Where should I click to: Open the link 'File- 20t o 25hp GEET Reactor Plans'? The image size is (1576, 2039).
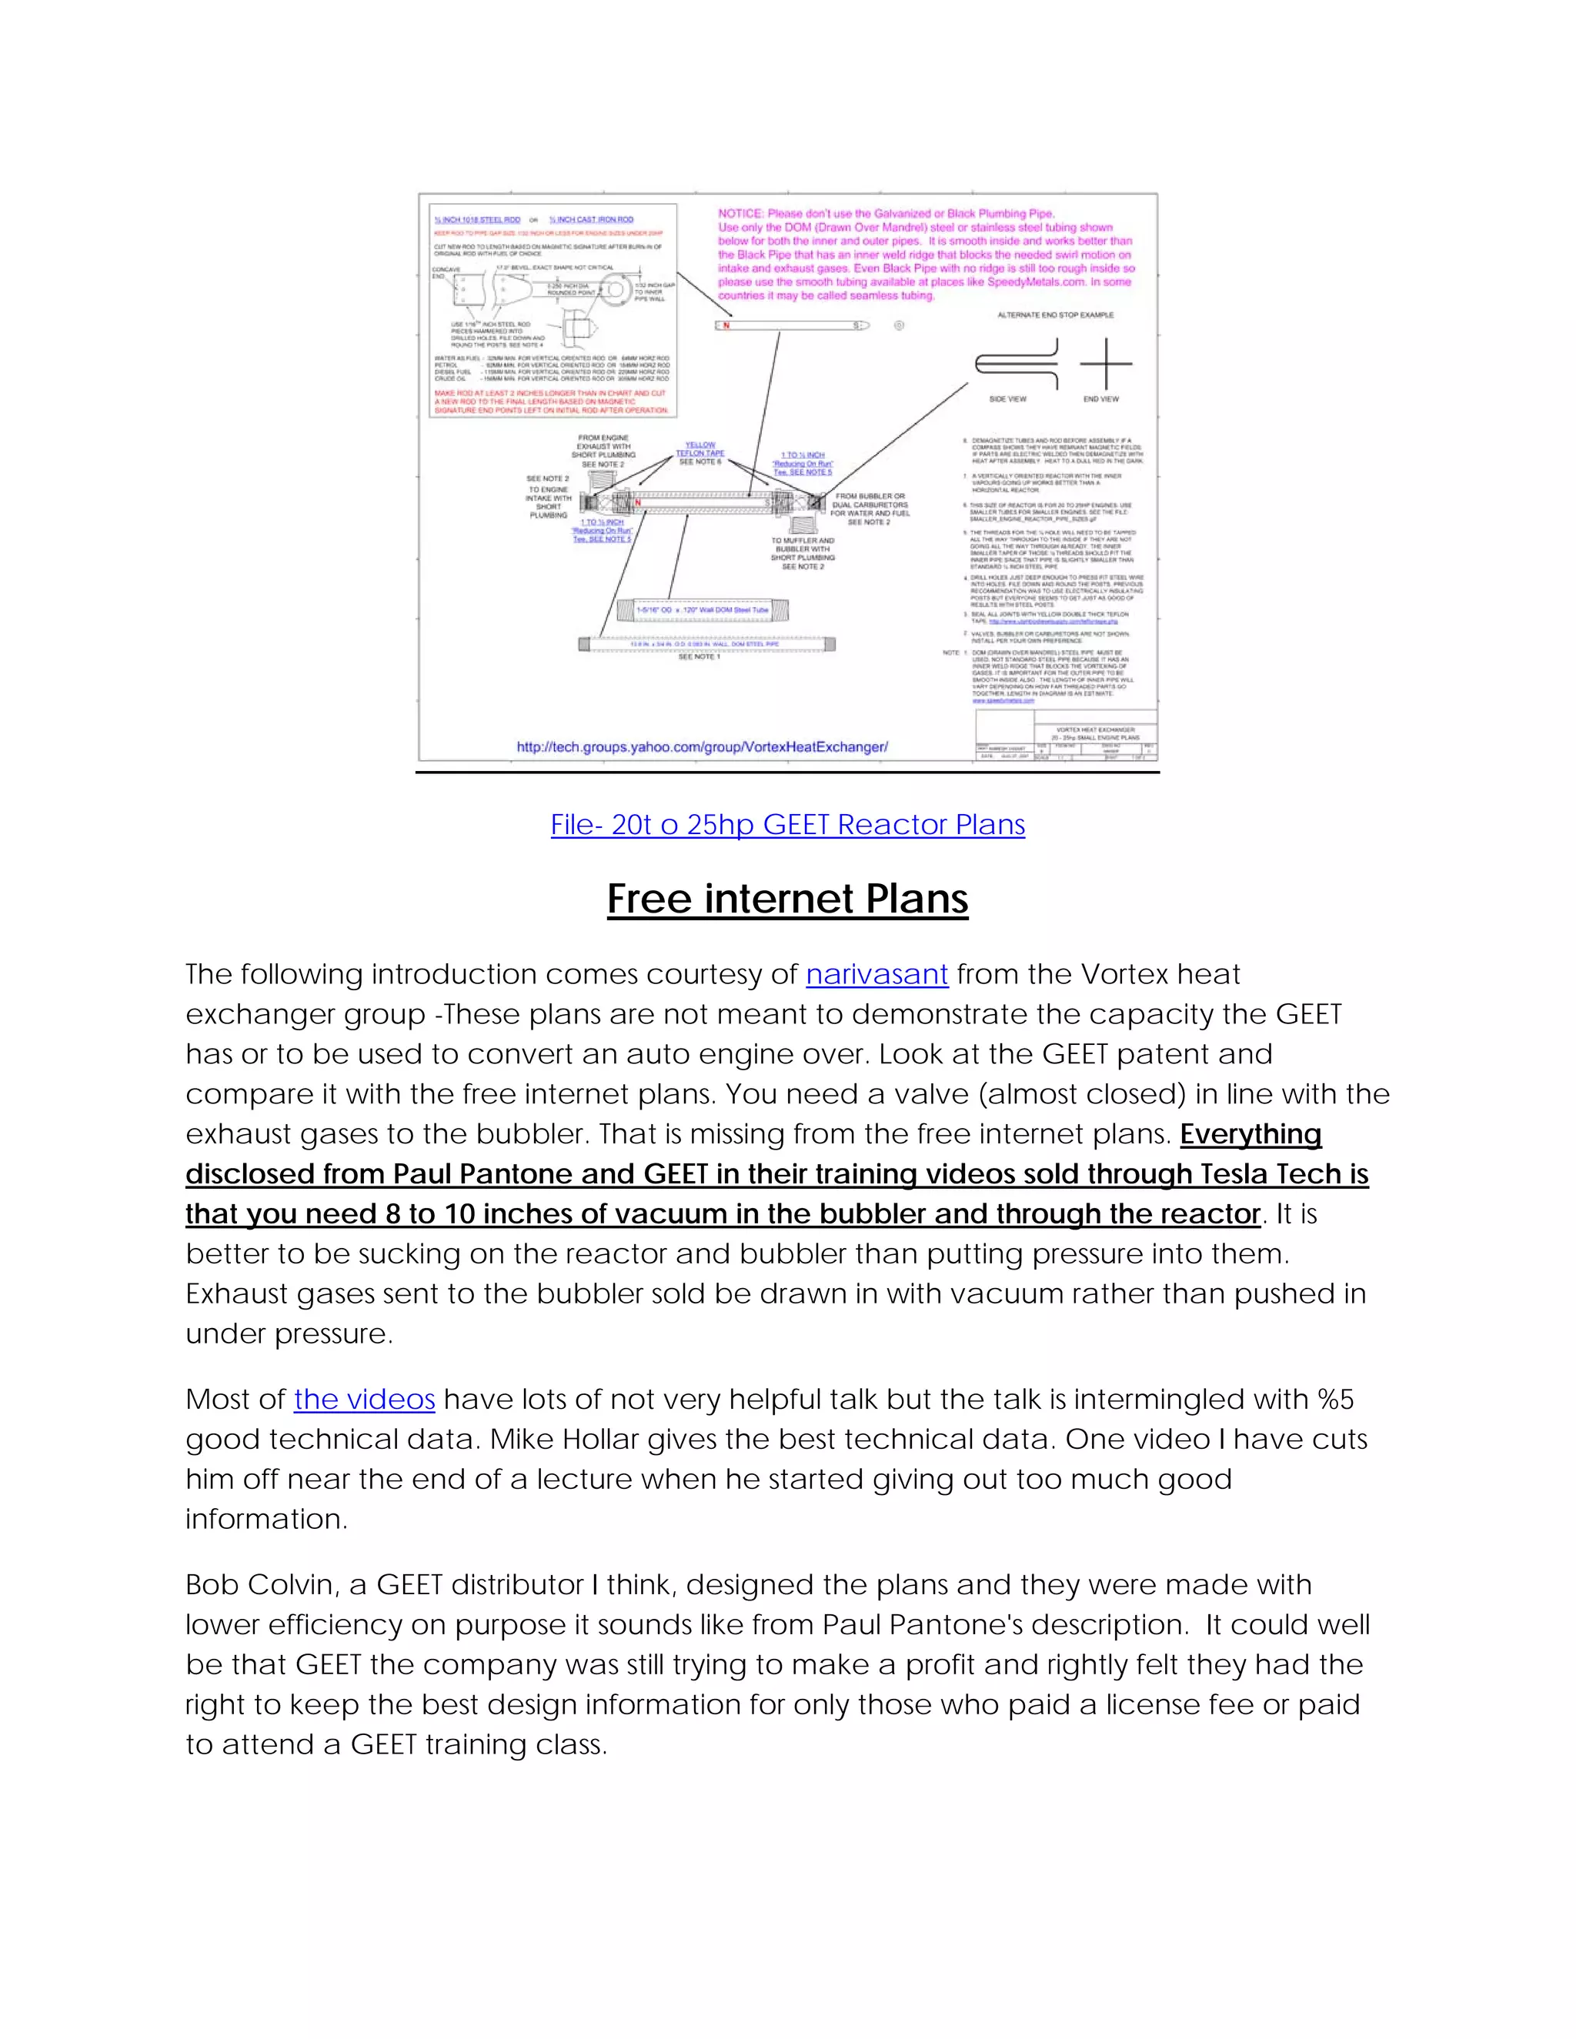point(787,824)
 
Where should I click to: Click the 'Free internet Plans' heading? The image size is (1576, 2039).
point(787,898)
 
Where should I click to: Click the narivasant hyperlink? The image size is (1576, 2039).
point(876,974)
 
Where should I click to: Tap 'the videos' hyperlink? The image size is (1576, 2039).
point(364,1399)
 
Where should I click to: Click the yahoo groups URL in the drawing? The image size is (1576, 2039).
point(702,747)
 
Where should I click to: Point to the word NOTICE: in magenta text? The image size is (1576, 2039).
point(740,214)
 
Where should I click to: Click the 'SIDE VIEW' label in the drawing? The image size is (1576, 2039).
point(1007,399)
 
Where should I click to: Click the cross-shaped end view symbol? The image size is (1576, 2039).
point(1106,363)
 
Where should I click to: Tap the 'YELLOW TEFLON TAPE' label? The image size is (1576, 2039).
point(700,449)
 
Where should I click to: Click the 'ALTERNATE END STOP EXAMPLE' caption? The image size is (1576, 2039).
point(1055,315)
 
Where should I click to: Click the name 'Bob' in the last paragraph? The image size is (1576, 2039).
point(210,1584)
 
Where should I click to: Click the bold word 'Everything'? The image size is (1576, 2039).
point(1250,1133)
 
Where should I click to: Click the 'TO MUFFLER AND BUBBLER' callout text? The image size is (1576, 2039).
point(803,546)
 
